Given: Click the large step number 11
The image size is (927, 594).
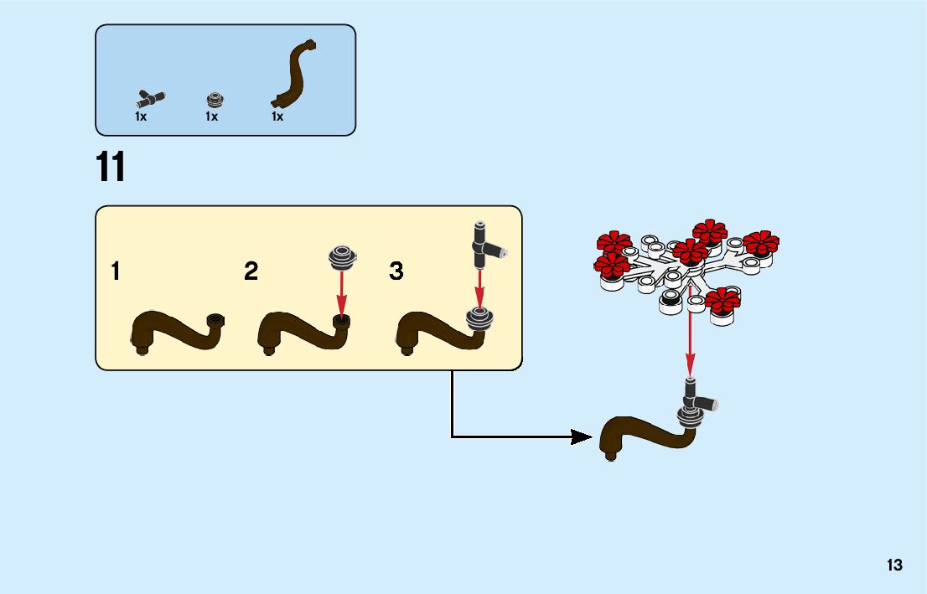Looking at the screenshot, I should (x=111, y=167).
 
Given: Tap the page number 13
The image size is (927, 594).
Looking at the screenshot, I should (x=894, y=566).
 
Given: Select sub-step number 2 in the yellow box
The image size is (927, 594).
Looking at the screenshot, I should (x=251, y=271).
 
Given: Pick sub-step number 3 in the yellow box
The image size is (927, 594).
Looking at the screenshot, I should (x=396, y=271).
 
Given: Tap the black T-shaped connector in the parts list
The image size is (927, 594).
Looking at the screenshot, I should (x=152, y=97).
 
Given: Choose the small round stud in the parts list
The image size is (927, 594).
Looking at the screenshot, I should (x=215, y=100).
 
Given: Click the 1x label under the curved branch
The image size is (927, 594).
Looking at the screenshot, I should (x=277, y=117).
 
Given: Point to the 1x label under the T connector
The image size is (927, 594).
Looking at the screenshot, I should (x=141, y=117).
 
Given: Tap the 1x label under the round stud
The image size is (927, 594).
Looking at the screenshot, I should (x=211, y=117).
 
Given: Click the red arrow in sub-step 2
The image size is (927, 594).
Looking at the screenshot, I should (x=342, y=292).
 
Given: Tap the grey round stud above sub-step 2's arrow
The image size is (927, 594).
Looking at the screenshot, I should (x=342, y=256).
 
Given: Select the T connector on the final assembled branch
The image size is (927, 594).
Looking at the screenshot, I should (x=695, y=400).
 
